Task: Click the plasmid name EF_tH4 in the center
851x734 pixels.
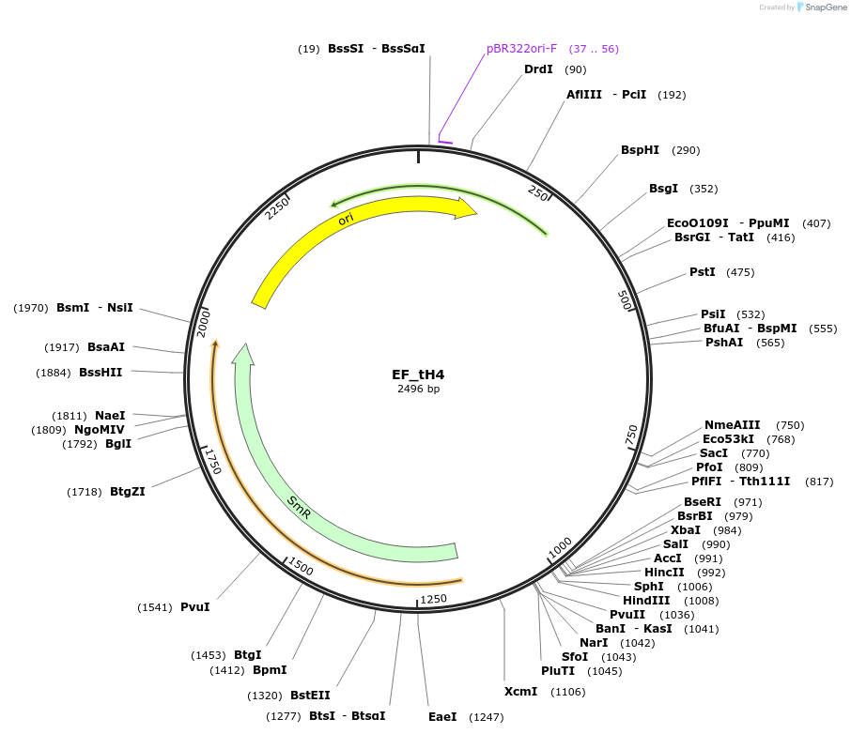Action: pos(418,375)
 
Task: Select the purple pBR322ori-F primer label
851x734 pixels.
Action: pos(521,49)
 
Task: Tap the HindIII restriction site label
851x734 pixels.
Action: pos(646,601)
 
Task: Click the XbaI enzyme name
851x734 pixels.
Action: pos(686,530)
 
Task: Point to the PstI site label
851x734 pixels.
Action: pos(703,272)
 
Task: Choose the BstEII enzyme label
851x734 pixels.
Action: pos(310,695)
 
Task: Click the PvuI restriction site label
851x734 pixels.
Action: pos(194,607)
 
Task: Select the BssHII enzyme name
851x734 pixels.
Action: pos(101,372)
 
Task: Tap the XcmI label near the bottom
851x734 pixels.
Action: pos(520,691)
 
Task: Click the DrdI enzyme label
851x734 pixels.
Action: pos(538,69)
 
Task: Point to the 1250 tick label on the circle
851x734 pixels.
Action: pos(434,599)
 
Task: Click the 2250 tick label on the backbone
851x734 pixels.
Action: pos(277,207)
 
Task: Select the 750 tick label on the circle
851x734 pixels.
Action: pos(631,436)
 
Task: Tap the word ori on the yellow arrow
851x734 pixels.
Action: pos(346,219)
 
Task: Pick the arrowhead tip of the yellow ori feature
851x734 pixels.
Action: pos(477,213)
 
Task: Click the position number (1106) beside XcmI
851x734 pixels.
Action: pos(567,692)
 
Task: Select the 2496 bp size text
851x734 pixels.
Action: pos(418,389)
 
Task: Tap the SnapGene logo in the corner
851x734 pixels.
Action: pos(822,8)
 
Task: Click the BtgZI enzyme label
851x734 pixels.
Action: pos(128,492)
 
